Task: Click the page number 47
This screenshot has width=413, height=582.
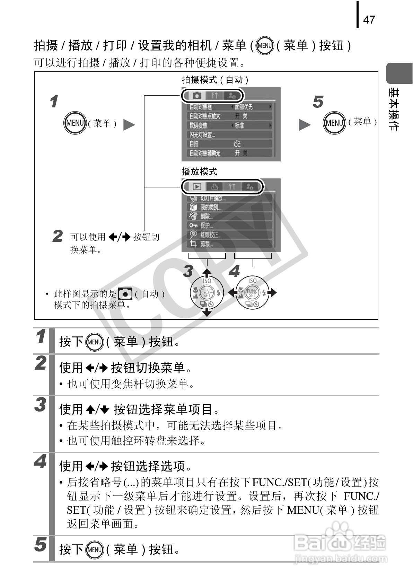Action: tap(369, 19)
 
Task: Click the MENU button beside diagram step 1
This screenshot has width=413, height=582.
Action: tap(75, 123)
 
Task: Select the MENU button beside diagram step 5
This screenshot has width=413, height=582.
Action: tap(334, 123)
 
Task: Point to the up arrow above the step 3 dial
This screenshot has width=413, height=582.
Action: tap(207, 271)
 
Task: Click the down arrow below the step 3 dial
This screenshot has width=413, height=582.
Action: tap(207, 313)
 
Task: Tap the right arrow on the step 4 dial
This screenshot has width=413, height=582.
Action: tap(273, 293)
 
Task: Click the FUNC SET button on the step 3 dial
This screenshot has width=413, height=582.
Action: tap(207, 293)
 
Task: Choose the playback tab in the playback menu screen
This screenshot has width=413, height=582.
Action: tap(197, 186)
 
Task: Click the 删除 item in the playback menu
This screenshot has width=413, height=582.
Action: tap(205, 216)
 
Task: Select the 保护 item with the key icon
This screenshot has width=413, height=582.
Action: tap(205, 226)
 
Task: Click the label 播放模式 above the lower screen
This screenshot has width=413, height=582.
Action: tap(199, 171)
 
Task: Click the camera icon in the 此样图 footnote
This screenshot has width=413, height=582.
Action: tap(125, 294)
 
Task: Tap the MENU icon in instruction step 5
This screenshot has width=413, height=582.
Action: tap(95, 549)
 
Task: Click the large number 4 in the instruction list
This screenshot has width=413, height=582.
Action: tap(41, 461)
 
